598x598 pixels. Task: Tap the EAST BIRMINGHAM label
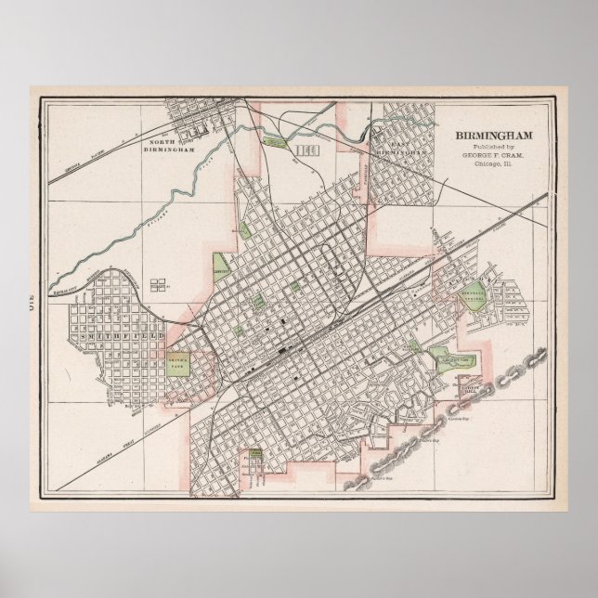[403, 146]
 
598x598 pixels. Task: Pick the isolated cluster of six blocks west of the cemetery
[158, 282]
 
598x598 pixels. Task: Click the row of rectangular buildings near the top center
[303, 149]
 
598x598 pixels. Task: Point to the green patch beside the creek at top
[276, 142]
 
